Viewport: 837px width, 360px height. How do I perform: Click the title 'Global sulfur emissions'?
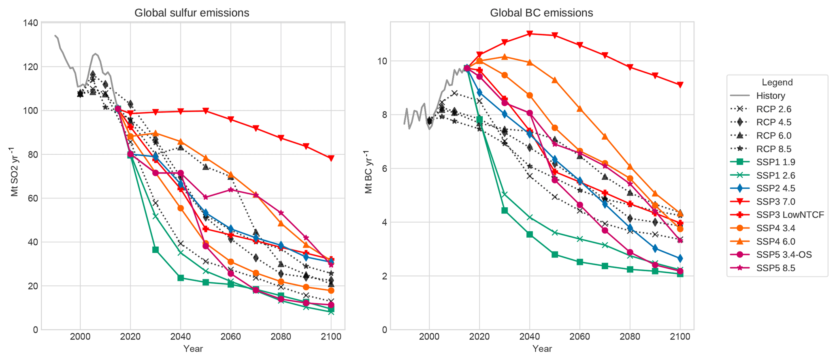192,13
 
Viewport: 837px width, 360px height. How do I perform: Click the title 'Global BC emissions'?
541,13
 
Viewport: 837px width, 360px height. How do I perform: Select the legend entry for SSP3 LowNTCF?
790,215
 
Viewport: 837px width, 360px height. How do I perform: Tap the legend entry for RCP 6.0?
773,136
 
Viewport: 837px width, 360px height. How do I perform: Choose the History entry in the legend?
770,96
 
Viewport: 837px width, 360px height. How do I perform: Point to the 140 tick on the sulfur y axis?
31,23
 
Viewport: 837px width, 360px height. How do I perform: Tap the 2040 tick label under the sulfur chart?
181,337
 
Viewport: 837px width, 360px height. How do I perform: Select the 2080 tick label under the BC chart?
630,337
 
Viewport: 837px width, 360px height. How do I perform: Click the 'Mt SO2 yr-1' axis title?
15,172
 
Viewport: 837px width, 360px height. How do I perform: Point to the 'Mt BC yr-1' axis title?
368,172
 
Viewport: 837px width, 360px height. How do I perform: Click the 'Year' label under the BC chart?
542,349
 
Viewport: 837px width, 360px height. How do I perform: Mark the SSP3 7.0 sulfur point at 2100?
331,158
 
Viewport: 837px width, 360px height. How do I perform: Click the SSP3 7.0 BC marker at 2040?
529,34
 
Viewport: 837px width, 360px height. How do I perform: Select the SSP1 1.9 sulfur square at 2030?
155,250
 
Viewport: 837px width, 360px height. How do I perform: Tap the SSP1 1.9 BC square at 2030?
505,211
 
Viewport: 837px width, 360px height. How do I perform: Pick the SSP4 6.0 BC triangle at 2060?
579,109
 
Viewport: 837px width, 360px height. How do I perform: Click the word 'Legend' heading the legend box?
777,83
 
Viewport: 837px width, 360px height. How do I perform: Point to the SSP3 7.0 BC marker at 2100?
680,85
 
